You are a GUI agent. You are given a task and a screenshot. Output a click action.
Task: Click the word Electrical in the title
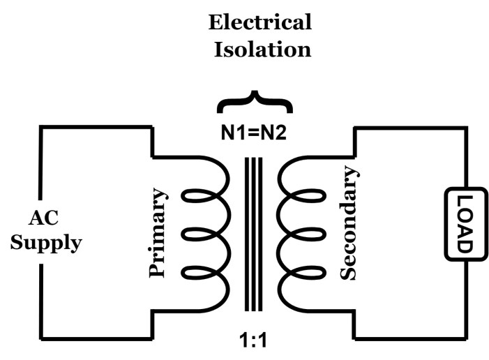coord(260,22)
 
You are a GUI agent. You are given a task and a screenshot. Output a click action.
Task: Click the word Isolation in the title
coord(260,50)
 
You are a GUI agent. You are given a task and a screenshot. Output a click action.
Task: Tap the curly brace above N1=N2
coord(255,104)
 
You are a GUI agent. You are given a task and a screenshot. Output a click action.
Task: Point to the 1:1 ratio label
coord(255,342)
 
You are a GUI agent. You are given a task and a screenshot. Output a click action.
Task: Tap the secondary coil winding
coord(300,233)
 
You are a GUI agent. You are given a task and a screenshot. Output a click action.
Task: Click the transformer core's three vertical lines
coord(255,233)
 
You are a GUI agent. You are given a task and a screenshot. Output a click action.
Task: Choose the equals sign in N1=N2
coord(255,132)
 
